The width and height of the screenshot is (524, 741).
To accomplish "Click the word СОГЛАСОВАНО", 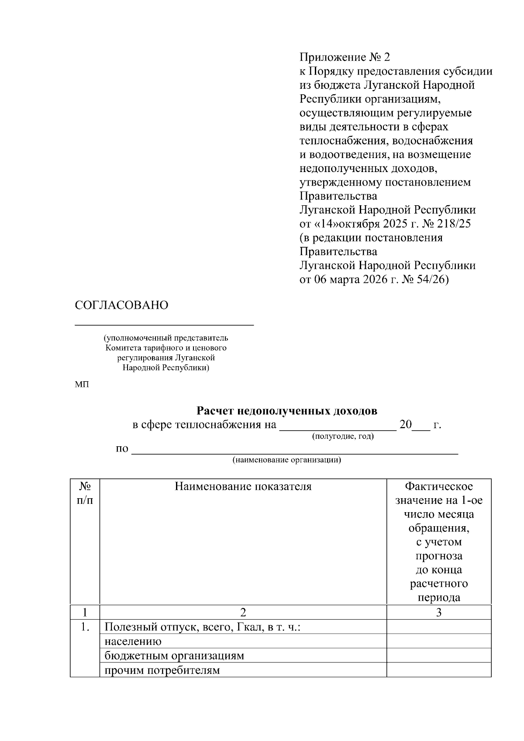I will coord(121,305).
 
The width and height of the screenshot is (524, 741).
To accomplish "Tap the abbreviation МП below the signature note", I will coord(82,385).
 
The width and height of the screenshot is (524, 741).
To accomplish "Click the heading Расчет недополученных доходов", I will coord(286,411).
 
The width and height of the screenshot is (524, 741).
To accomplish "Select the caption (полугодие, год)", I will coord(343,436).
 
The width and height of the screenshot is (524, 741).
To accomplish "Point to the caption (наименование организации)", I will coord(286,460).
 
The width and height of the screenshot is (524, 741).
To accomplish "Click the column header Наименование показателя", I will coord(243,486).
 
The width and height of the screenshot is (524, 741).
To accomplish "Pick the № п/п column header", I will coord(85,493).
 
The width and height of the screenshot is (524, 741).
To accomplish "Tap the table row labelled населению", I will coord(133,641).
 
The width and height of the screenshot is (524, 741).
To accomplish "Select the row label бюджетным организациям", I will coord(174,656).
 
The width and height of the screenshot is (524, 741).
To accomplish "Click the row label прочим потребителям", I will coord(162,670).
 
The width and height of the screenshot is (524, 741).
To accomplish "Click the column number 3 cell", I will coord(439,612).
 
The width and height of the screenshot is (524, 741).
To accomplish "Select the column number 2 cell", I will coord(243,612).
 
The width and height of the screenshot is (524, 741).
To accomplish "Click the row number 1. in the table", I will coord(85,627).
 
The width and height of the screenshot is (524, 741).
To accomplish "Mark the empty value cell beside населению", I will coord(439,641).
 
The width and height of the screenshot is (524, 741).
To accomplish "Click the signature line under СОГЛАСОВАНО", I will coord(164,325).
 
